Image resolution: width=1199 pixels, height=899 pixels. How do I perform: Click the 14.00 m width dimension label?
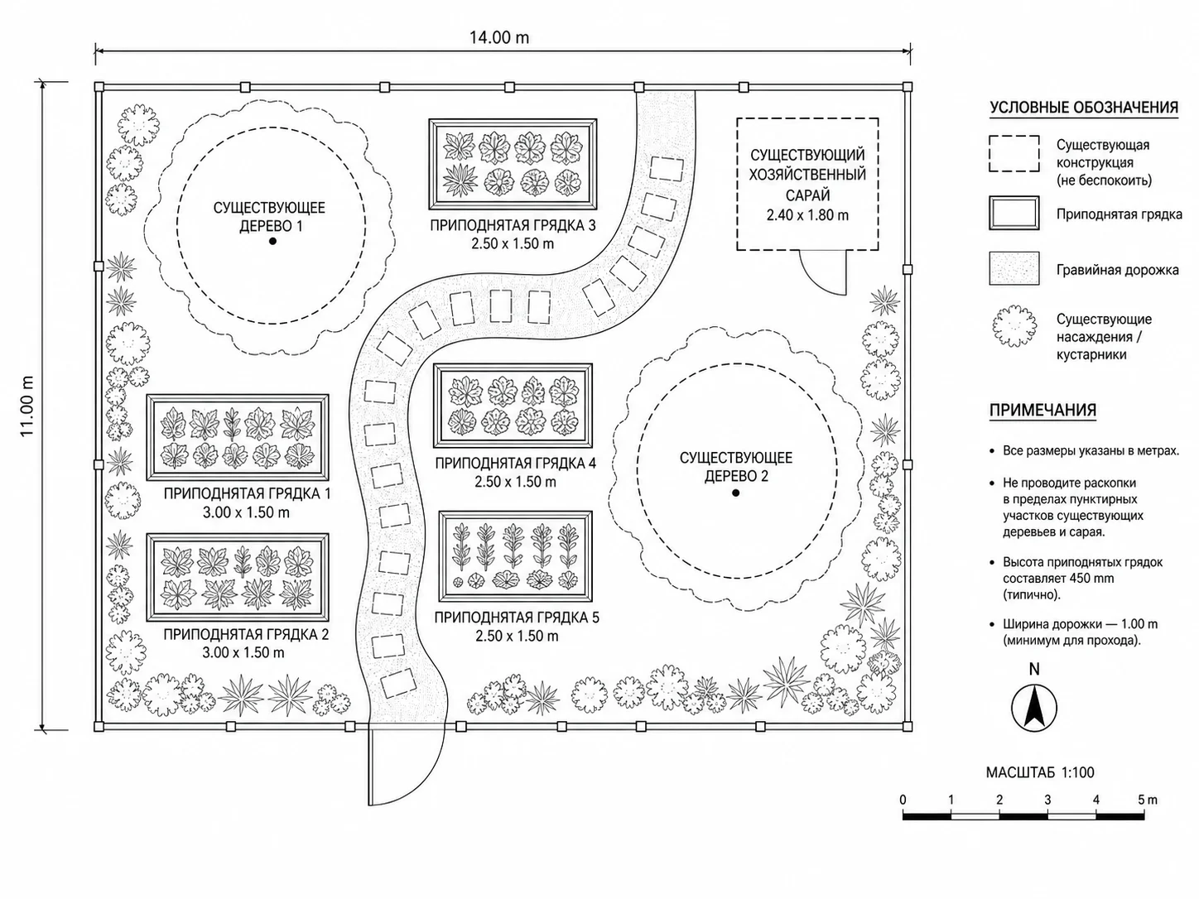pos(499,37)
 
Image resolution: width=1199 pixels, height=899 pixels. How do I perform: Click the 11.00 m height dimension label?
pos(27,406)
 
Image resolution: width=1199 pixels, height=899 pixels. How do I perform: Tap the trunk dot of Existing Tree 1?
pos(272,241)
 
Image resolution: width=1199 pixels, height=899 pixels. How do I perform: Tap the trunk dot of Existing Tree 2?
pos(736,493)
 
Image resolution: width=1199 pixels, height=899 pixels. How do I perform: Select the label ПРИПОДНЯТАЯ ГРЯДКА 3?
pos(513,225)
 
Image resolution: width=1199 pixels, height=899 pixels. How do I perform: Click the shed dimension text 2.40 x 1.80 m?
pos(807,215)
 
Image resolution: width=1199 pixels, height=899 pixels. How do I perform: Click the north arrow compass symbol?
pos(1034,709)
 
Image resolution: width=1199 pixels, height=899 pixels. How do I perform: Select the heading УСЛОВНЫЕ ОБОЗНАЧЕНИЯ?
pos(1084,108)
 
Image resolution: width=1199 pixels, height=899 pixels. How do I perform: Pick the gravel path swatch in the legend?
pos(1014,268)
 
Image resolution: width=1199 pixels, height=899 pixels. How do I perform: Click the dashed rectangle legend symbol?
pos(1014,153)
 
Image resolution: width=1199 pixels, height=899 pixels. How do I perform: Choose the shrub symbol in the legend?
pos(1014,326)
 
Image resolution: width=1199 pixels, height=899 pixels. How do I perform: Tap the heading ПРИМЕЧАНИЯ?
pos(1043,410)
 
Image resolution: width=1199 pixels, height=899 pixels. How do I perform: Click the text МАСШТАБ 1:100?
pos(1040,772)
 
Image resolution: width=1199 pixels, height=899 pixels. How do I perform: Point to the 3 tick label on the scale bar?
pos(1047,800)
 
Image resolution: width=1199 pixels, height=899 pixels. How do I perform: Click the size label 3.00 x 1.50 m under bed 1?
pos(246,512)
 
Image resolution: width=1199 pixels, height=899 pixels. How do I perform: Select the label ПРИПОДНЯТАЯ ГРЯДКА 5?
pos(517,618)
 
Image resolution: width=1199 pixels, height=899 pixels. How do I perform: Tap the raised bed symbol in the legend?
pos(1014,213)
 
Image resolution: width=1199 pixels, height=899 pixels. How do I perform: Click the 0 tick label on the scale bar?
pos(903,800)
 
